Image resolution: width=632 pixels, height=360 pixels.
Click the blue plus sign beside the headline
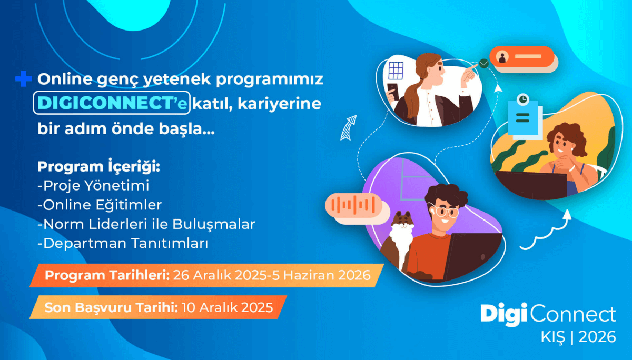(24, 80)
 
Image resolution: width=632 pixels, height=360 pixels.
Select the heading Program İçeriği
(98, 167)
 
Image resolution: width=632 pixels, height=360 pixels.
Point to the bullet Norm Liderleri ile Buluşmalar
(146, 224)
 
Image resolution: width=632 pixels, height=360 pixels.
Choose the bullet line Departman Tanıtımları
(123, 244)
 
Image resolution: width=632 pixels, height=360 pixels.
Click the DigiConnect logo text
(548, 315)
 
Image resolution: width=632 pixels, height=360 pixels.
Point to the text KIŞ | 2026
(578, 337)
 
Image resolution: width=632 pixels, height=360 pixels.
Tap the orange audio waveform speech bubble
(352, 205)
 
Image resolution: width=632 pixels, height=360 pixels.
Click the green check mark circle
(484, 64)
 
